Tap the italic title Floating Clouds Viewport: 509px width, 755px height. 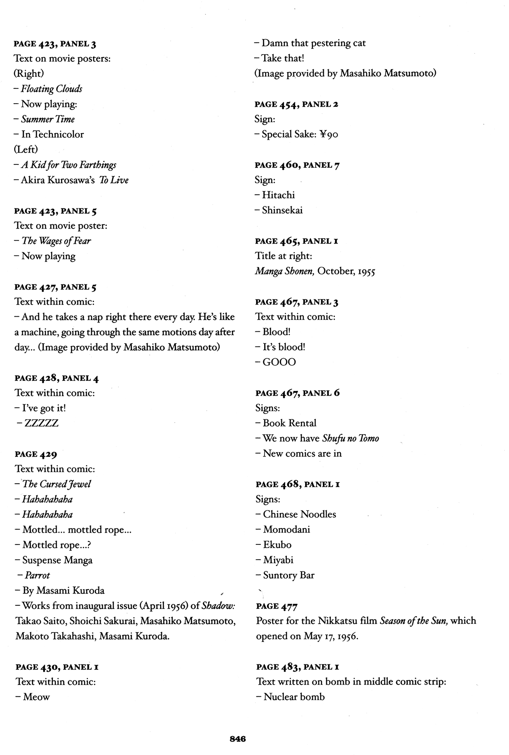coord(52,89)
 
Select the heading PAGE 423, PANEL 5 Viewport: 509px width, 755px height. coord(56,211)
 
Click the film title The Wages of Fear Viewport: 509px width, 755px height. coord(56,241)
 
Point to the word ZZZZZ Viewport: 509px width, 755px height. coord(42,423)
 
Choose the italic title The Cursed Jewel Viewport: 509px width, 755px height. coord(57,484)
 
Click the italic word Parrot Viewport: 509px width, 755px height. coord(37,575)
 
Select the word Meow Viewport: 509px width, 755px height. coord(36,697)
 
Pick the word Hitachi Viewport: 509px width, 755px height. coord(278,195)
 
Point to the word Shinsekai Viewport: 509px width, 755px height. coord(282,210)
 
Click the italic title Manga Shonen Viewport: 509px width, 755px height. coord(284,271)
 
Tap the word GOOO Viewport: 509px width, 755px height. coord(279,362)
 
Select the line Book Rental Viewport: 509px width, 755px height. coord(289,423)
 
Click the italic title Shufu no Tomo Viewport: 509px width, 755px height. coord(351,438)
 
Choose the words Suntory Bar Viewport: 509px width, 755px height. coord(289,575)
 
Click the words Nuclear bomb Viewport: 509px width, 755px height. coord(294,697)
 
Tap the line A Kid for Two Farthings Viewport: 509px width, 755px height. coord(69,165)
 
